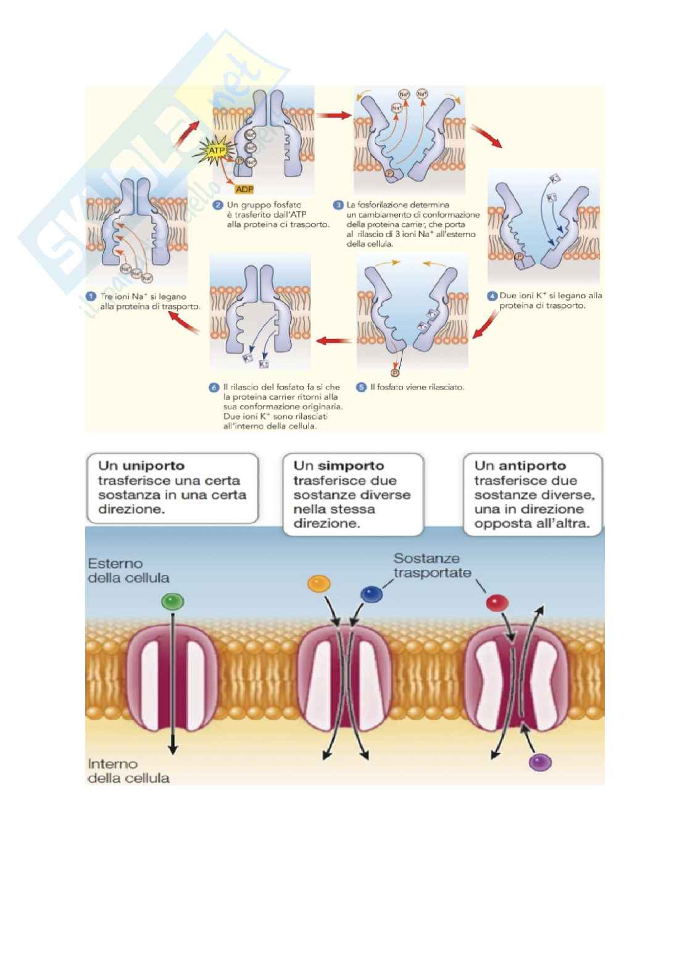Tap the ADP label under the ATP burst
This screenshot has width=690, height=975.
point(244,190)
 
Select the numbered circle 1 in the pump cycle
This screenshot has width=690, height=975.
point(91,296)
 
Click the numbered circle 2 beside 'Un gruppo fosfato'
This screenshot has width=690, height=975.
point(217,204)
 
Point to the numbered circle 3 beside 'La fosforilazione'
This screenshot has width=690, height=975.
point(338,204)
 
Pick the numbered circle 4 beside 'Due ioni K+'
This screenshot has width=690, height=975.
point(492,296)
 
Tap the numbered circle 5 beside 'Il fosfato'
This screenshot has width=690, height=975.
point(361,387)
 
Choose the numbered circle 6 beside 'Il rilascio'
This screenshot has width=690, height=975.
point(214,387)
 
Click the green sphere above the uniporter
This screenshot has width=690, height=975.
point(172,601)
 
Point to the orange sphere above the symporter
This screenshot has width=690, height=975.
point(318,584)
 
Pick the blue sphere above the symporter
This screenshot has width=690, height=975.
point(370,594)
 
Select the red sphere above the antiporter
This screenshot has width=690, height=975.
point(497,602)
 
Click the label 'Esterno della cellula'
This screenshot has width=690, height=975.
point(128,571)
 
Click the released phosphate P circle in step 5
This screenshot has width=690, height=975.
point(394,372)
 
